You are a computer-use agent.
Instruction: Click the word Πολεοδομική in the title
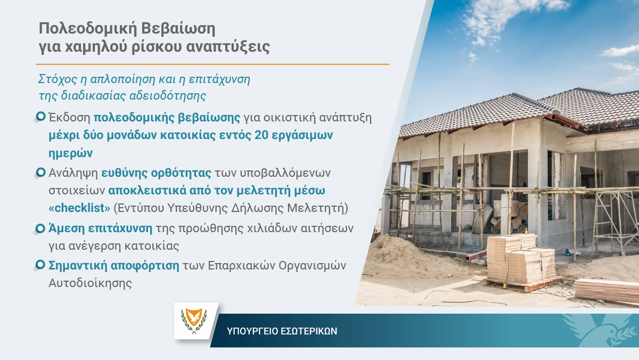(88, 29)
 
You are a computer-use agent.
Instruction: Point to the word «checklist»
(79, 208)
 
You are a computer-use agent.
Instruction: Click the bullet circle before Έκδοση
(41, 116)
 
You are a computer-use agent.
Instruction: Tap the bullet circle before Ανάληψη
(41, 172)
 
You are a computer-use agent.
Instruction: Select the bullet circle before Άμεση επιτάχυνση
(41, 228)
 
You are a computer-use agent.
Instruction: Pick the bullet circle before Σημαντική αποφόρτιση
(41, 265)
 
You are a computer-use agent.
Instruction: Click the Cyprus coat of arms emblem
(194, 321)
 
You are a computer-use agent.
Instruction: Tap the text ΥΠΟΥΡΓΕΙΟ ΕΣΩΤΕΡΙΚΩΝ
(282, 331)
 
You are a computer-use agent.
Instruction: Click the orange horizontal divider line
(212, 64)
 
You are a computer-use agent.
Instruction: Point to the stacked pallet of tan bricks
(521, 259)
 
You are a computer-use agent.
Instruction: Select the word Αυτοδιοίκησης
(90, 283)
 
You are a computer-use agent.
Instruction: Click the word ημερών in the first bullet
(70, 153)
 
